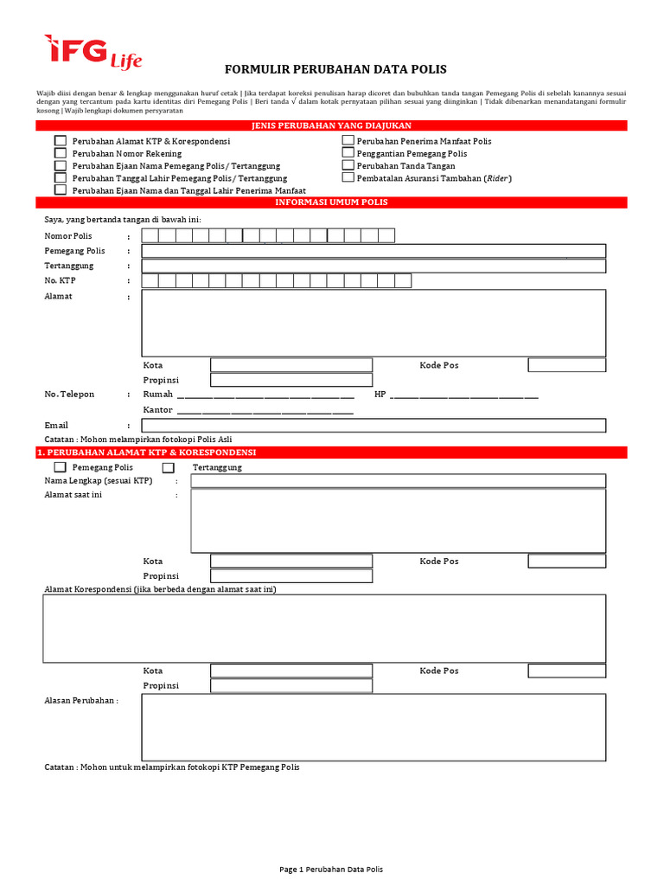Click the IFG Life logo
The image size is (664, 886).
(93, 52)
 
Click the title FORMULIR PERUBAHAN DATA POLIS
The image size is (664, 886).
(335, 69)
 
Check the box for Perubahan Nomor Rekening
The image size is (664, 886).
(61, 153)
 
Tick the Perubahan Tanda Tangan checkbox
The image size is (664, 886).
(348, 165)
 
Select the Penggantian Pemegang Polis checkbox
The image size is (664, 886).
(348, 153)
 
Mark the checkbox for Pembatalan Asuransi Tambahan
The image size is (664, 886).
(348, 177)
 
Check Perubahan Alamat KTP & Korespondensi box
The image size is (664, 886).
(61, 140)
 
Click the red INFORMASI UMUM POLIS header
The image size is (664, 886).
(331, 202)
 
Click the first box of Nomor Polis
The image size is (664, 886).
(150, 235)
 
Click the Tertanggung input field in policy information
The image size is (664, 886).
(373, 266)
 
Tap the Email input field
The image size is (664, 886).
(373, 425)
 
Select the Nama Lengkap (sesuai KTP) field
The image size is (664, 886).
(398, 480)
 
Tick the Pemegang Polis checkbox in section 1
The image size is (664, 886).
(61, 467)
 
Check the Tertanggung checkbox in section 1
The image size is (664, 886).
(169, 467)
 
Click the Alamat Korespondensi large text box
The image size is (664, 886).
(324, 628)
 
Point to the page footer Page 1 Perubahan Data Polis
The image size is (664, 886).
(331, 869)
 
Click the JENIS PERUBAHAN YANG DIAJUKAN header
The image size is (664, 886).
(331, 126)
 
